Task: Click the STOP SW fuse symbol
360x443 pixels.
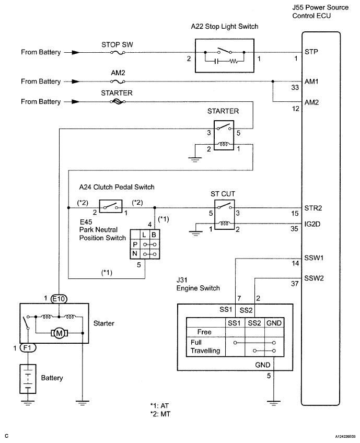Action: [118, 53]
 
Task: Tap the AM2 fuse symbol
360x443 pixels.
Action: [118, 81]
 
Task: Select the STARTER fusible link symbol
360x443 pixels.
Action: [118, 102]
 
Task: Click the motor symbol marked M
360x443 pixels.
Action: [60, 333]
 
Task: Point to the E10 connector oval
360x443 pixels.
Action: [59, 299]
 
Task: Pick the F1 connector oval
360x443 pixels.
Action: [28, 348]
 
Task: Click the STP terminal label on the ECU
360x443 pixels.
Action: [311, 52]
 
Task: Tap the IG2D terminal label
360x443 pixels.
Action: [312, 224]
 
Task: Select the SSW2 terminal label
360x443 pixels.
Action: [314, 278]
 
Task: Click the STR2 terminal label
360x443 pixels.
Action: [313, 208]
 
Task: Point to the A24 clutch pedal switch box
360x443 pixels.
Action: [111, 206]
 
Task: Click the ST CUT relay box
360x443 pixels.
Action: [224, 215]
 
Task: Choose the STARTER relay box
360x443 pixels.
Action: [224, 135]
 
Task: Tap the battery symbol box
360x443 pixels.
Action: [28, 379]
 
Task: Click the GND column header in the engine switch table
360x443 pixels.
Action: [274, 323]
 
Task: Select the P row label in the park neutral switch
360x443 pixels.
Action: [135, 244]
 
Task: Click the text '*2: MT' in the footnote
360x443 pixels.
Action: [160, 414]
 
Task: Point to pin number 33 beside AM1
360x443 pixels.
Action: [295, 88]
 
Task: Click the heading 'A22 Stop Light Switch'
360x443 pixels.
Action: [225, 27]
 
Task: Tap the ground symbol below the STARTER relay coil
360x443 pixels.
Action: [195, 159]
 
